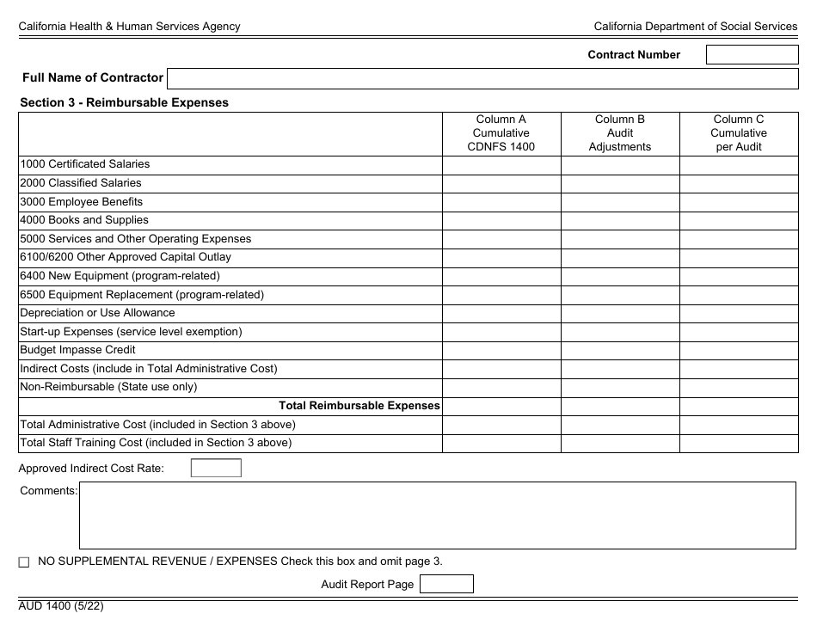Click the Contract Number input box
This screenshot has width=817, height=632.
pos(752,55)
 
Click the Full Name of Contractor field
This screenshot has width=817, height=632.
pos(482,79)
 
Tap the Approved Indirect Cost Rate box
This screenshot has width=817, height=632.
pos(216,469)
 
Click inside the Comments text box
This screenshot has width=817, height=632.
pos(437,515)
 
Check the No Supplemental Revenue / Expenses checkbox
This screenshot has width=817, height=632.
pos(24,562)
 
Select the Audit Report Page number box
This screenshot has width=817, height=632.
pos(446,585)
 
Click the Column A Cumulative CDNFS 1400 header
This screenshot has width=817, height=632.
pos(501,133)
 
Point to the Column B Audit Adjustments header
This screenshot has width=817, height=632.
pos(620,133)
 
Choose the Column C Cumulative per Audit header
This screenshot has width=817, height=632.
pos(738,133)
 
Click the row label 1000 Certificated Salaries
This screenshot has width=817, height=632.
pos(85,164)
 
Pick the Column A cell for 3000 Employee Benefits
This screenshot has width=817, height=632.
pos(501,202)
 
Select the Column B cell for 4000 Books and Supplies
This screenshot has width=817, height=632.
pos(620,220)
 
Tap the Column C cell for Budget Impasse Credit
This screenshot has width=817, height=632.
pos(738,350)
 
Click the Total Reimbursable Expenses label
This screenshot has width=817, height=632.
pos(359,406)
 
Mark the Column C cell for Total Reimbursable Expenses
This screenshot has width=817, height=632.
pos(738,406)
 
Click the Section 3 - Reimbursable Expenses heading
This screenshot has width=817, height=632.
pos(125,102)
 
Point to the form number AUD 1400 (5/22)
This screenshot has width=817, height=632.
pos(62,605)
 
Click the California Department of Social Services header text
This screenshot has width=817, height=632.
pos(696,27)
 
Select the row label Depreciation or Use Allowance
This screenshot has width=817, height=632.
pos(97,313)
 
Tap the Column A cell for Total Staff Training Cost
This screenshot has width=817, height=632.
pos(501,443)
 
